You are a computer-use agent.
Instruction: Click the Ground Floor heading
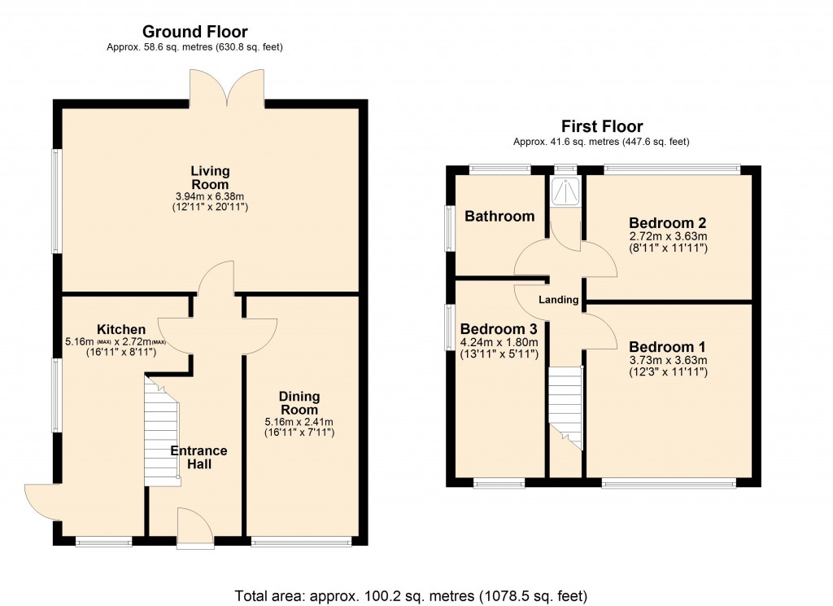pos(194,32)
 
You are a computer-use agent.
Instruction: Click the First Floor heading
pos(601,126)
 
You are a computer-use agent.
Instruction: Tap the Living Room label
pos(210,178)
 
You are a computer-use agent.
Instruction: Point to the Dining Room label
pos(299,403)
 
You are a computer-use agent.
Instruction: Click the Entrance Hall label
pos(198,457)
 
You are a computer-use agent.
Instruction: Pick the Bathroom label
pos(499,216)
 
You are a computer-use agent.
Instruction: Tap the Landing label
pos(559,300)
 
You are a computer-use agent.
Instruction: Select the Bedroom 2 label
pos(667,222)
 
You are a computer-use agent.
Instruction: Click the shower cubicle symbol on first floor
pos(564,192)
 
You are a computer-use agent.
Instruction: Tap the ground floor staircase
pos(162,432)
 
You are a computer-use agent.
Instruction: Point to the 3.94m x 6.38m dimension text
pos(210,196)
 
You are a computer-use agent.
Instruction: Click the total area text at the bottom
pos(411,595)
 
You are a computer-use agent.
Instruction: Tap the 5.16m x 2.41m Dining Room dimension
pos(299,422)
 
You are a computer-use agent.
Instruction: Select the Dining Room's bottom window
pos(302,541)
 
